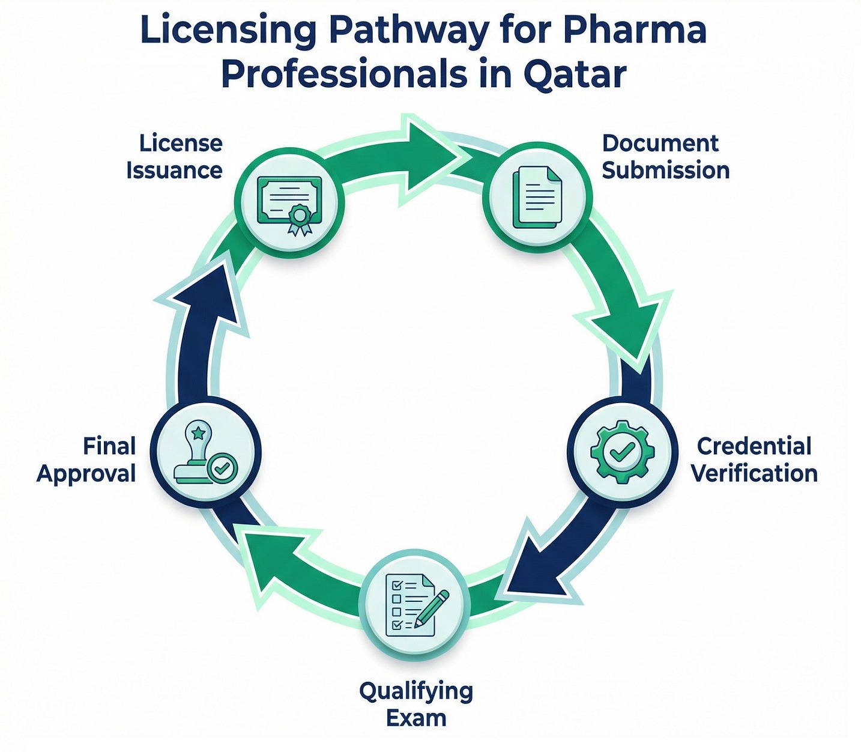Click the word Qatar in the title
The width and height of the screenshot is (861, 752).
tap(575, 75)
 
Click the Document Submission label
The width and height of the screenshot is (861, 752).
tap(665, 157)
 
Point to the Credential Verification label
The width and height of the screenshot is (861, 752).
tap(754, 459)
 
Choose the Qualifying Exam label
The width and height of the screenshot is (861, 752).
tap(416, 704)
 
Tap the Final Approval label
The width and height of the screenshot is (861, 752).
tap(87, 459)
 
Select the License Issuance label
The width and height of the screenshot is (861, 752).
tap(174, 157)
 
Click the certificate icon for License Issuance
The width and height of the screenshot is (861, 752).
tap(289, 204)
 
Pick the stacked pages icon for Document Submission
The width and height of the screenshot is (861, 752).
tap(537, 197)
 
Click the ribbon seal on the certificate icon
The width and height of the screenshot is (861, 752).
tap(300, 217)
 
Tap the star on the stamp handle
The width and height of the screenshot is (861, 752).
tap(198, 432)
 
